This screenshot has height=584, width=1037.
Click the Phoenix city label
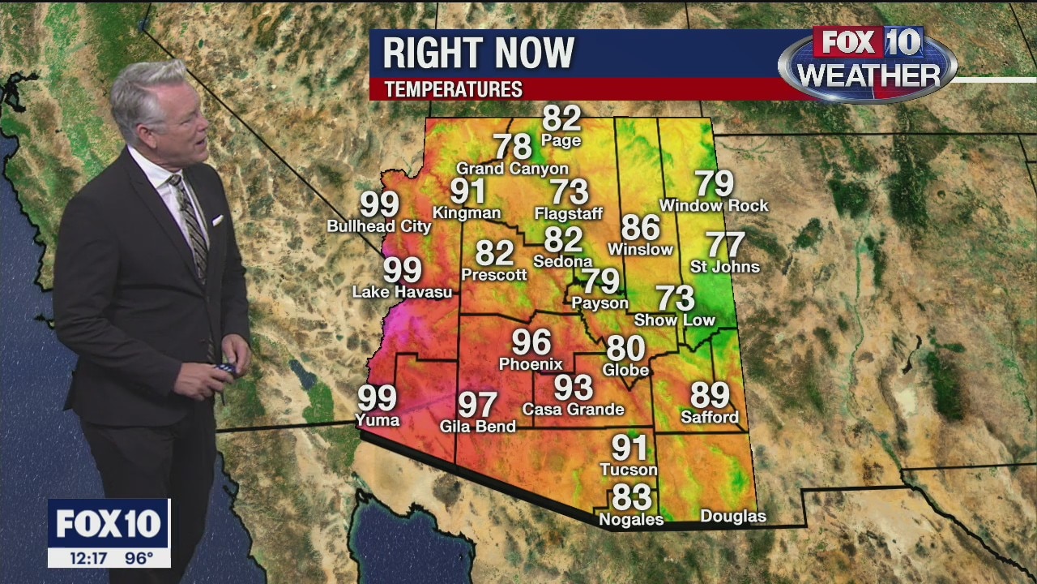(531, 364)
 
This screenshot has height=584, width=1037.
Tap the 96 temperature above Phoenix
(531, 342)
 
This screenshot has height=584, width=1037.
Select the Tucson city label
(629, 470)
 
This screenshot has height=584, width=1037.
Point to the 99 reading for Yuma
(378, 398)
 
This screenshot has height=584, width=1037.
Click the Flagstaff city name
(569, 214)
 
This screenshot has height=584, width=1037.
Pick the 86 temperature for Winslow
(640, 228)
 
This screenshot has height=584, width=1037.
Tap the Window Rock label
(714, 206)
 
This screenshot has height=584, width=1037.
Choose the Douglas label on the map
(733, 516)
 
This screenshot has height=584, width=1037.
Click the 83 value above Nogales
(631, 496)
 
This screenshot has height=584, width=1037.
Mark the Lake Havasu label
(402, 292)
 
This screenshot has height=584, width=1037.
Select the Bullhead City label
(379, 226)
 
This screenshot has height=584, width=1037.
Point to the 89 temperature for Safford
(710, 395)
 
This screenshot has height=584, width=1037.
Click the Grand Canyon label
(513, 169)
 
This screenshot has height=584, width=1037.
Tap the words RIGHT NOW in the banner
(478, 54)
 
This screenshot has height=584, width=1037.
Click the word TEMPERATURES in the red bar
(453, 89)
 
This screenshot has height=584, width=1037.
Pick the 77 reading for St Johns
(726, 245)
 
